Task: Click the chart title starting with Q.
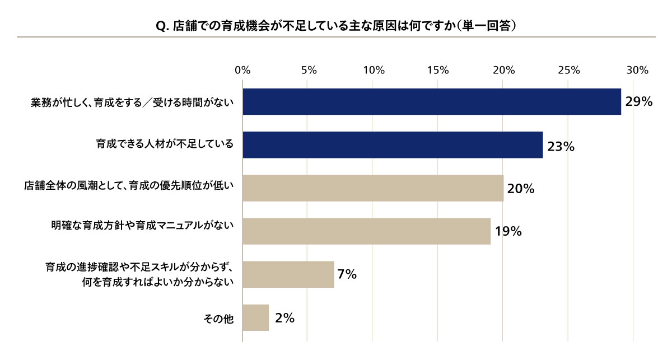point(336,26)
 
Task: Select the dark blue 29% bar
point(432,102)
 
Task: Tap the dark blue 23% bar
point(393,145)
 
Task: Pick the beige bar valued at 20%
point(373,188)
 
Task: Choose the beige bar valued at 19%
point(367,231)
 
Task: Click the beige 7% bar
point(288,274)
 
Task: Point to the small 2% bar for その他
point(256,318)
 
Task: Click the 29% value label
point(639,102)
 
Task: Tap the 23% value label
point(561,147)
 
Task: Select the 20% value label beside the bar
point(521,189)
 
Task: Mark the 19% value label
point(508,231)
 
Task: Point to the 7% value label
point(347,274)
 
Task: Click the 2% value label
point(284,318)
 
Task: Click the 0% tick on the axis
point(242,70)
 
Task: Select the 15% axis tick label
point(438,70)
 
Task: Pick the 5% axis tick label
point(309,70)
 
